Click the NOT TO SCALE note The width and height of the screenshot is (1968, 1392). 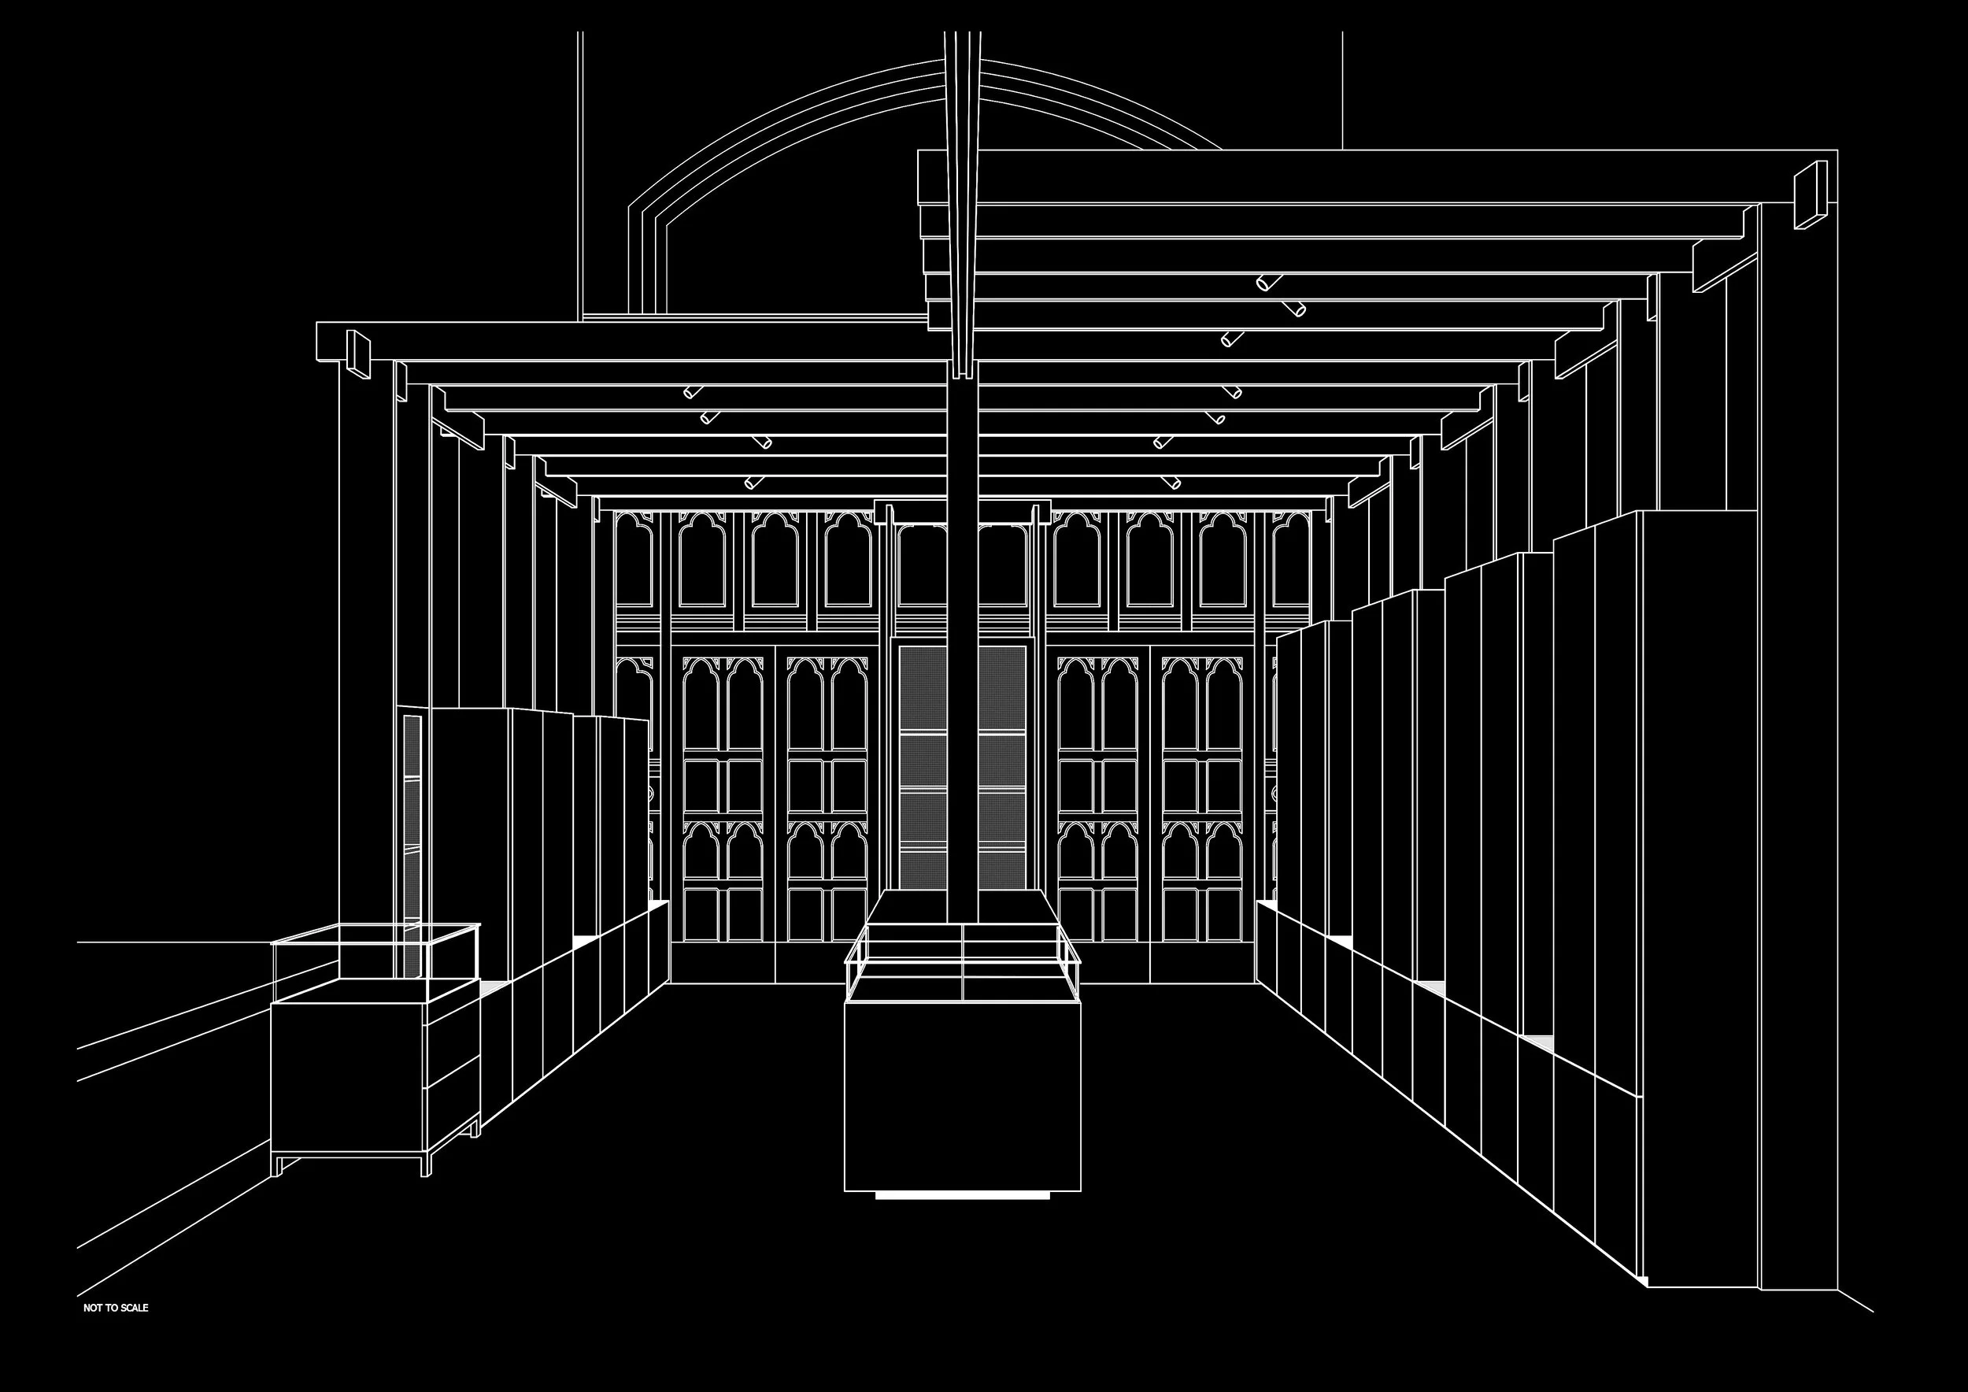116,1331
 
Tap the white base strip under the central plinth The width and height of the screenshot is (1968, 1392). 962,1195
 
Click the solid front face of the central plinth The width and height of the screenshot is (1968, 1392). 962,1097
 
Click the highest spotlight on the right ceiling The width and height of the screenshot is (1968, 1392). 1267,282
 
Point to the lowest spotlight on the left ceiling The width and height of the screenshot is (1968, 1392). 753,483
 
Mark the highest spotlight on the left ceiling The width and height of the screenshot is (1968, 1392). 692,393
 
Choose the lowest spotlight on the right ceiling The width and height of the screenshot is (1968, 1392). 1170,482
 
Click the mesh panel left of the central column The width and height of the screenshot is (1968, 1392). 923,763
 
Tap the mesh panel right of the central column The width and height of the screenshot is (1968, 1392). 1001,763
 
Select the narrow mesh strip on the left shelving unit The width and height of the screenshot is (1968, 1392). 412,823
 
